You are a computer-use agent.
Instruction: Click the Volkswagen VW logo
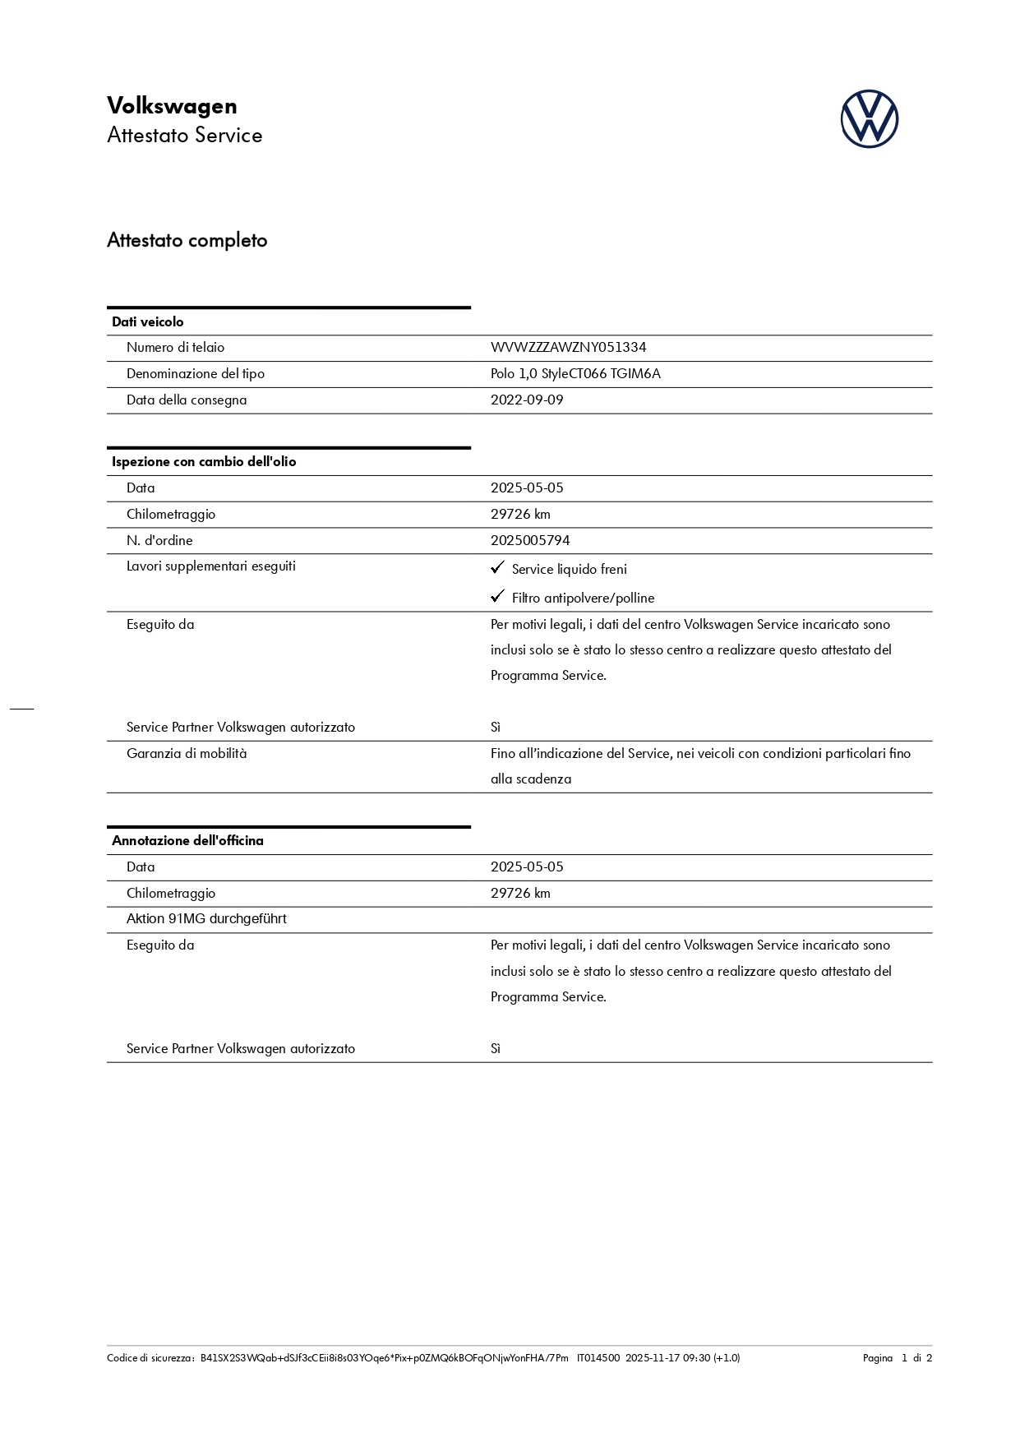pos(869,119)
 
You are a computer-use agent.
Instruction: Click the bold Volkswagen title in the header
pos(172,106)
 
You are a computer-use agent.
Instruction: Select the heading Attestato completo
pos(187,240)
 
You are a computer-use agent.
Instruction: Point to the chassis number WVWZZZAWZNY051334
pos(568,348)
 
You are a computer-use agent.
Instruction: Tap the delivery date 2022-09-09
pos(527,400)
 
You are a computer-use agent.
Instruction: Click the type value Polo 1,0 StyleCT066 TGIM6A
pos(575,374)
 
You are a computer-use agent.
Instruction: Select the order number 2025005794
pos(530,541)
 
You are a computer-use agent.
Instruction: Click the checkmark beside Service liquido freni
pos(497,568)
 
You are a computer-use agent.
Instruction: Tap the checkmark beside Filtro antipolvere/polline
pos(497,597)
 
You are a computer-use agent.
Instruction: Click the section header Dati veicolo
pos(148,322)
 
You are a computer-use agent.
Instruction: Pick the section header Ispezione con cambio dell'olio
pos(204,462)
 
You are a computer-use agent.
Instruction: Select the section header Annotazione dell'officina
pos(187,841)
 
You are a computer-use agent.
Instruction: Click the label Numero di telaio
pos(175,348)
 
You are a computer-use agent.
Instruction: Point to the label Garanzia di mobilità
pos(187,754)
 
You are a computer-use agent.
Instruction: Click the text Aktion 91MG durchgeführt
pos(206,919)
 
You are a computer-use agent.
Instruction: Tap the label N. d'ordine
pos(159,541)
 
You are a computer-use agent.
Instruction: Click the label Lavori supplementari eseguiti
pos(211,566)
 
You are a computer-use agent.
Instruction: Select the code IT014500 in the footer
pos(598,1358)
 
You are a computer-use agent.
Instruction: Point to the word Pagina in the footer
pos(877,1358)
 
